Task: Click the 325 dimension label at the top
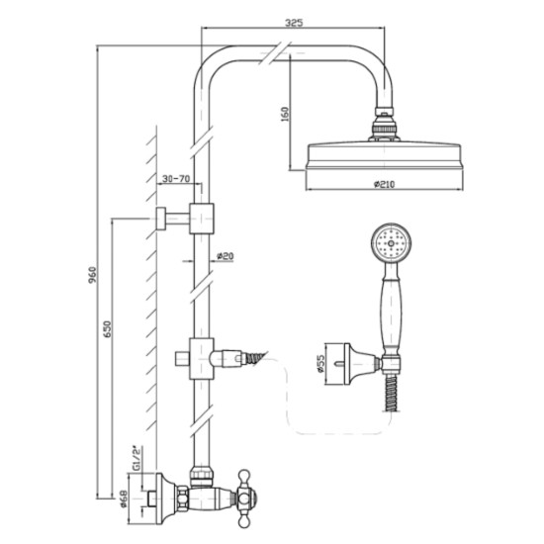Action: pos(294,23)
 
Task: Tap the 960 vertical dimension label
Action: pos(92,275)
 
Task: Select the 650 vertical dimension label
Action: pos(107,330)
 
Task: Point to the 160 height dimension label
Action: pos(285,114)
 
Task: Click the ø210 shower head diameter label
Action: pos(385,184)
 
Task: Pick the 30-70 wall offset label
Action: pos(176,179)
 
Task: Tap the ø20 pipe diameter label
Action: pos(226,256)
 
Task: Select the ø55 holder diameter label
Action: pos(319,363)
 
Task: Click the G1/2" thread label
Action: pos(137,458)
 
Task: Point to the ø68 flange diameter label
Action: pos(125,499)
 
